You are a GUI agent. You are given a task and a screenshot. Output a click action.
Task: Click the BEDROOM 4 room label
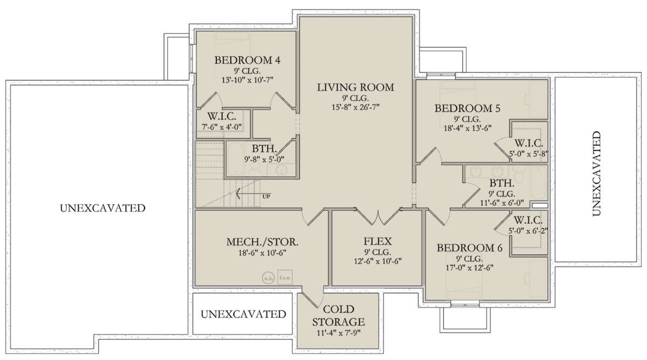[x=247, y=60]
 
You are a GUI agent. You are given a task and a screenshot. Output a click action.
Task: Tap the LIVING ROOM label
[x=355, y=87]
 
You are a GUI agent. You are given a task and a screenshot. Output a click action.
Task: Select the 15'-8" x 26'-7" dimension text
[x=355, y=107]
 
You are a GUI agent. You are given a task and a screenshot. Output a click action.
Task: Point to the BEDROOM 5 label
[x=467, y=108]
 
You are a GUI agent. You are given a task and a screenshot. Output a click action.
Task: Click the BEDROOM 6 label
[x=470, y=248]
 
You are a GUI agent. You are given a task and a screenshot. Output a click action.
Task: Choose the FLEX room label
[x=377, y=241]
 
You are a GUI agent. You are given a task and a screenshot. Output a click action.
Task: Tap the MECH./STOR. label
[x=262, y=242]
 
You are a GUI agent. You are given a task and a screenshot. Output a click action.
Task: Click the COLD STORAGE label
[x=339, y=315]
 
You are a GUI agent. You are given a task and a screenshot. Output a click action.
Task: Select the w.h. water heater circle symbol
[x=268, y=278]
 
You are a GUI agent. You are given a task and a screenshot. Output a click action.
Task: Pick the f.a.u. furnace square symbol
[x=285, y=277]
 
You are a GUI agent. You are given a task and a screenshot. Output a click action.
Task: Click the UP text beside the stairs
[x=266, y=197]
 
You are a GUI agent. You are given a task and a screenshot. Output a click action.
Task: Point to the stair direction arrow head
[x=238, y=193]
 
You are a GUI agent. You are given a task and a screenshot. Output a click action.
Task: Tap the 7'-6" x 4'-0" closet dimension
[x=222, y=127]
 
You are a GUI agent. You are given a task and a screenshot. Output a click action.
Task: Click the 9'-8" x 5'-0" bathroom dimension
[x=264, y=159]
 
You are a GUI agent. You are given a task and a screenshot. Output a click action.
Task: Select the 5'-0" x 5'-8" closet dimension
[x=528, y=154]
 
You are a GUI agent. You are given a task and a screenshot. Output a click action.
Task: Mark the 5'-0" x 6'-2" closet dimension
[x=528, y=231]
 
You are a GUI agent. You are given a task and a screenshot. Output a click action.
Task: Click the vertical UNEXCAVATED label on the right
[x=596, y=174]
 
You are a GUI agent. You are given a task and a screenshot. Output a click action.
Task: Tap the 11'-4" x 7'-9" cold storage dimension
[x=339, y=333]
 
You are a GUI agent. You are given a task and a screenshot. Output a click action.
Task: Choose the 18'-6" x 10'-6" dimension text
[x=262, y=253]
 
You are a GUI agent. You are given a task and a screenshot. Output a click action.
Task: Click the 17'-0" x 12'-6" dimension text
[x=470, y=268]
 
